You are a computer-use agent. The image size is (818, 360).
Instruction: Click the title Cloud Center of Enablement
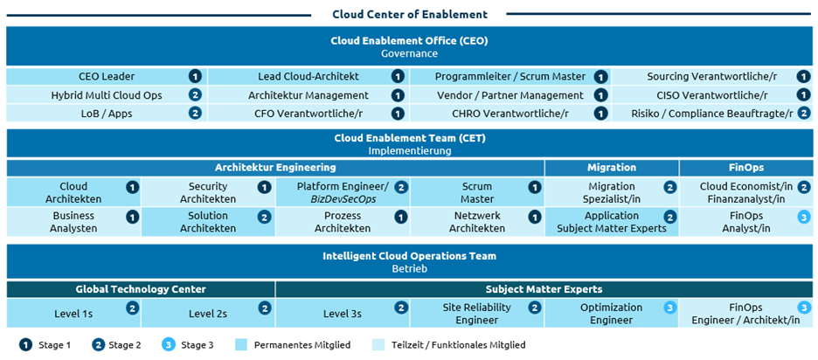(409, 14)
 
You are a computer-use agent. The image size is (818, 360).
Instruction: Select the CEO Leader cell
(106, 77)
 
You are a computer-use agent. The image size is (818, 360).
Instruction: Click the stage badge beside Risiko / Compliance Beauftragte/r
(803, 114)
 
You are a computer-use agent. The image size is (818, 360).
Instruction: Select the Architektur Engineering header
(275, 167)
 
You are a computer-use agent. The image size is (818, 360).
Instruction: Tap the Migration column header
(611, 167)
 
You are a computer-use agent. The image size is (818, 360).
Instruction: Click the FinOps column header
(745, 167)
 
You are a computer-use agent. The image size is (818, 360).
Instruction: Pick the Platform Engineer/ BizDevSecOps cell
(343, 192)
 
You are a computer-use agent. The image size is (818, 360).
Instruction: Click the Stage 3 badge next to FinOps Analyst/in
(803, 218)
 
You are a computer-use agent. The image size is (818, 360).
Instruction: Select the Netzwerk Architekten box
(476, 222)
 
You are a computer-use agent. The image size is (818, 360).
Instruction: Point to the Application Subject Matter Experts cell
(611, 222)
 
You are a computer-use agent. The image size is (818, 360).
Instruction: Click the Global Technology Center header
(141, 289)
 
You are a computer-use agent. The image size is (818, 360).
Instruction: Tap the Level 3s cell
(343, 313)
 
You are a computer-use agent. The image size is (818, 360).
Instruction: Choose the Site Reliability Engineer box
(476, 313)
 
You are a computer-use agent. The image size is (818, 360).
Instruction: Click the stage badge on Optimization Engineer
(669, 308)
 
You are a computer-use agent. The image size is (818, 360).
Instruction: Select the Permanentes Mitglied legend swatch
(242, 345)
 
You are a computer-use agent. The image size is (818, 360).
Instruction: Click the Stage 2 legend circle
(97, 345)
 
